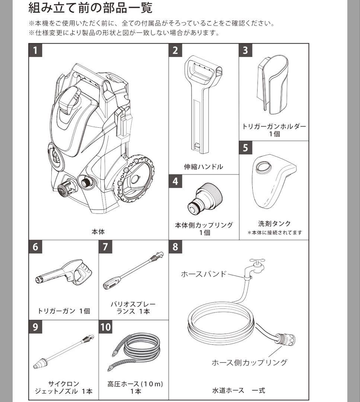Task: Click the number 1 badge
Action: [35, 50]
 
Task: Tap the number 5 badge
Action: [245, 147]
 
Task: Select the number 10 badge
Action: [106, 327]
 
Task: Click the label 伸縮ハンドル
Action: [204, 167]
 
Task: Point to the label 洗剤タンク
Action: [274, 224]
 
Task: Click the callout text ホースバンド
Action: [203, 274]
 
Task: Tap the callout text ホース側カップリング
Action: [249, 362]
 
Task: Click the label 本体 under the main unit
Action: [98, 232]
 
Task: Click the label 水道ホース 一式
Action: [238, 390]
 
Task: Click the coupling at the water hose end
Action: [285, 340]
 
